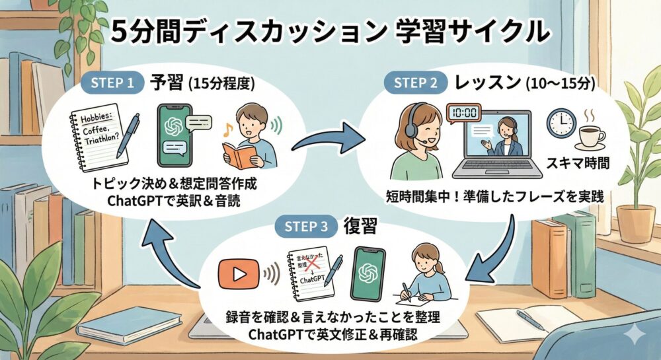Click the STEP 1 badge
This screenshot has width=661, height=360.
coord(115,83)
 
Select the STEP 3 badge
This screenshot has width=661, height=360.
coord(305,227)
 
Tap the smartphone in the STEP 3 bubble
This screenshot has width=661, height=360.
coord(369,273)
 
